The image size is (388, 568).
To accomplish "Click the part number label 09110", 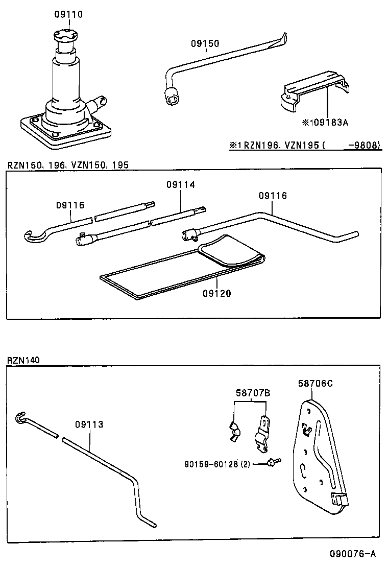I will click(x=68, y=14).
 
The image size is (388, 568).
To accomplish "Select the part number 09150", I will click(x=205, y=44).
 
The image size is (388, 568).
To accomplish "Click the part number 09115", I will click(x=70, y=205).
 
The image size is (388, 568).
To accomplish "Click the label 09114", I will click(x=180, y=184).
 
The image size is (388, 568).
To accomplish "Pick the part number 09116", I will click(x=273, y=196).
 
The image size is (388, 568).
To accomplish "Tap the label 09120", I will click(x=216, y=293).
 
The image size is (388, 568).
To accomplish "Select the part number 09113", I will click(x=89, y=424).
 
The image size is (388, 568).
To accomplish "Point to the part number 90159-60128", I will click(x=217, y=464).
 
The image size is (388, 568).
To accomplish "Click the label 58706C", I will click(x=315, y=384).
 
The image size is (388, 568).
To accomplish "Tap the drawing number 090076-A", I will click(x=353, y=554).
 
